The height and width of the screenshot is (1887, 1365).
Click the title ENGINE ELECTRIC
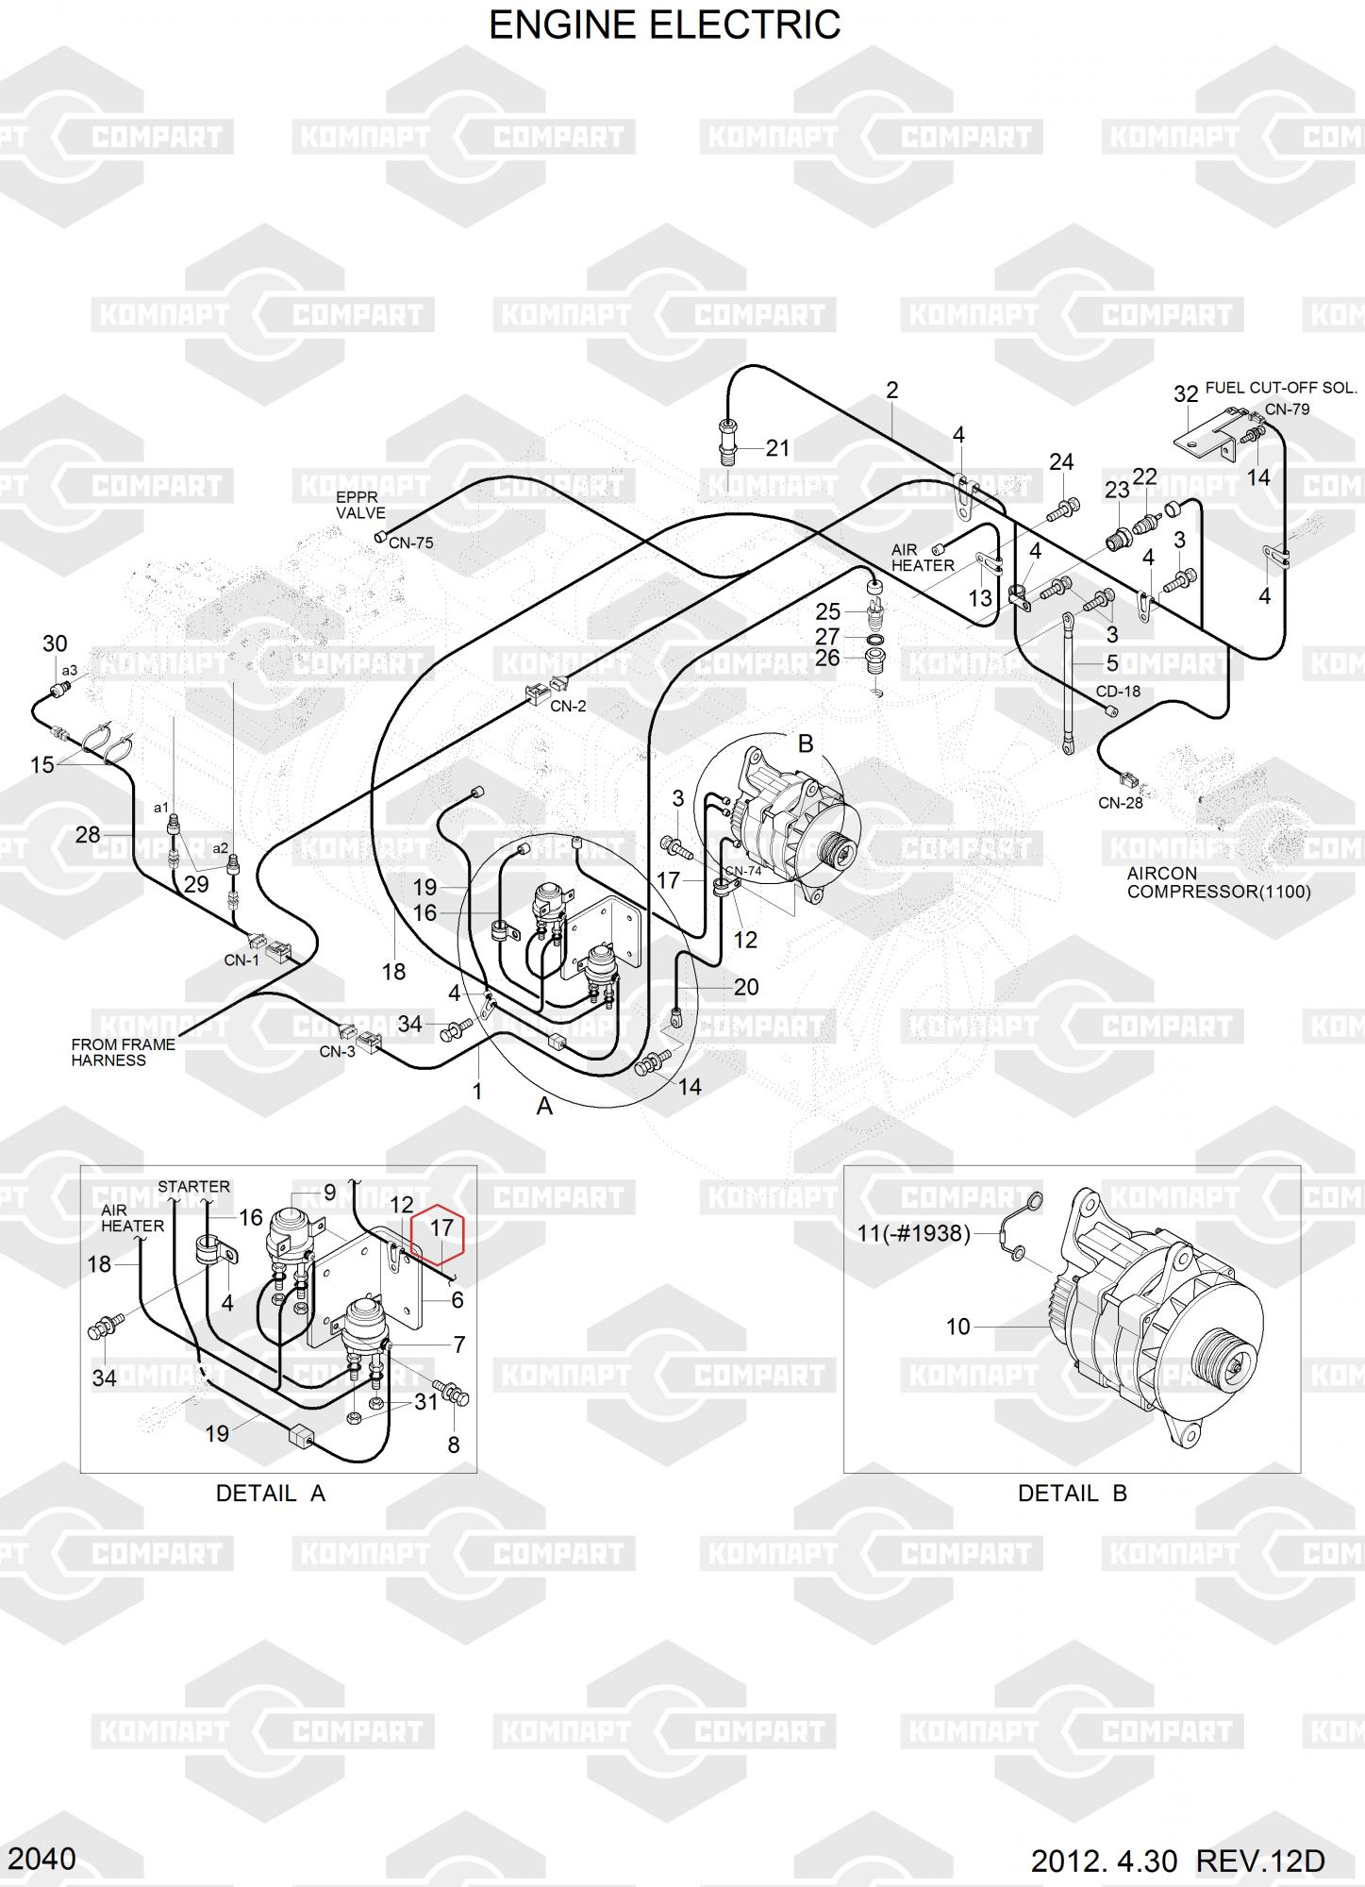tap(664, 25)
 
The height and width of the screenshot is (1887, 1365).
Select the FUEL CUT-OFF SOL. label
tap(1281, 388)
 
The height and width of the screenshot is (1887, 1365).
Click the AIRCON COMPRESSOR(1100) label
tap(1219, 882)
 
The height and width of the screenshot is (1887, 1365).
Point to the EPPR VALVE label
tap(360, 506)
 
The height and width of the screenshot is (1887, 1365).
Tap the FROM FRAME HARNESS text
tap(124, 1052)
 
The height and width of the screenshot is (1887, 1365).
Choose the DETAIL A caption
tap(271, 1493)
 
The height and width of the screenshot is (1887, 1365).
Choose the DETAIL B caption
tap(1073, 1493)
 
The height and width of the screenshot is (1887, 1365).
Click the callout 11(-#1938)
tap(913, 1233)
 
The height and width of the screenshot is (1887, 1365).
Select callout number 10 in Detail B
tap(957, 1327)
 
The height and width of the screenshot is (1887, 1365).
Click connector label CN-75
tap(411, 543)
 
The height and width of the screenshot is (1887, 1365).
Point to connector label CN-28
tap(1121, 803)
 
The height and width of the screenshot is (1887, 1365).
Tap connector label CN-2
tap(568, 706)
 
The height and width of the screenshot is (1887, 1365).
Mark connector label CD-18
tap(1118, 692)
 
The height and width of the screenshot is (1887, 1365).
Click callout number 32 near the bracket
tap(1186, 393)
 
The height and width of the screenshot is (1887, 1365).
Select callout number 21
tap(777, 448)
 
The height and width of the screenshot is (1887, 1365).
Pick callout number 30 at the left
tap(55, 643)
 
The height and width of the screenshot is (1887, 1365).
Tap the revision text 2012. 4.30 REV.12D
tap(1178, 1862)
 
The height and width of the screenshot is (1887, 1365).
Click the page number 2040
tap(42, 1859)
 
